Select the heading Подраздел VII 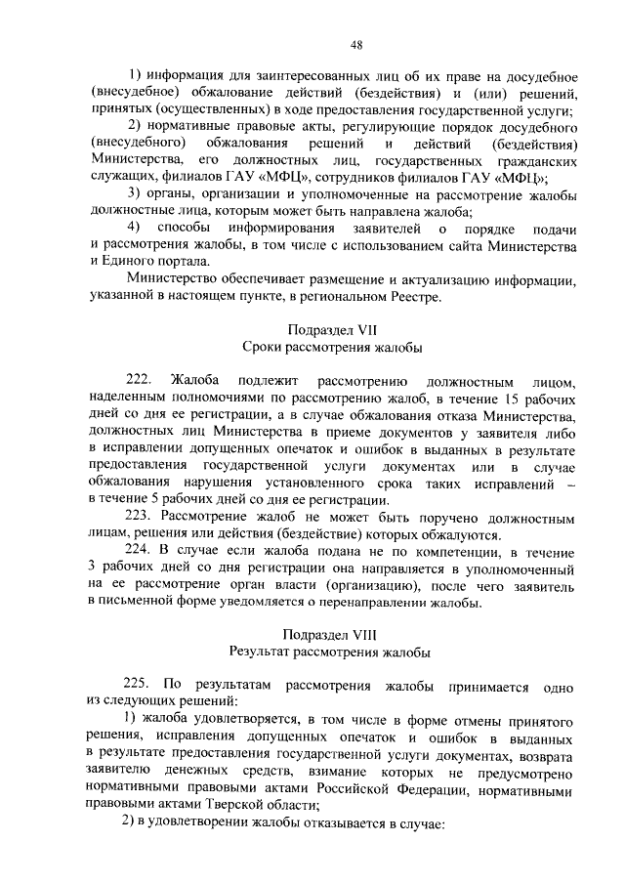click(332, 329)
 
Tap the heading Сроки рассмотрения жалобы click(332, 347)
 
